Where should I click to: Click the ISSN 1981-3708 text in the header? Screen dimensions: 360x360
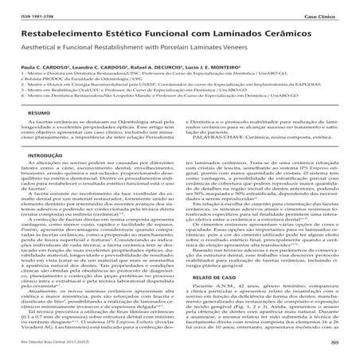[x=33, y=15]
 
